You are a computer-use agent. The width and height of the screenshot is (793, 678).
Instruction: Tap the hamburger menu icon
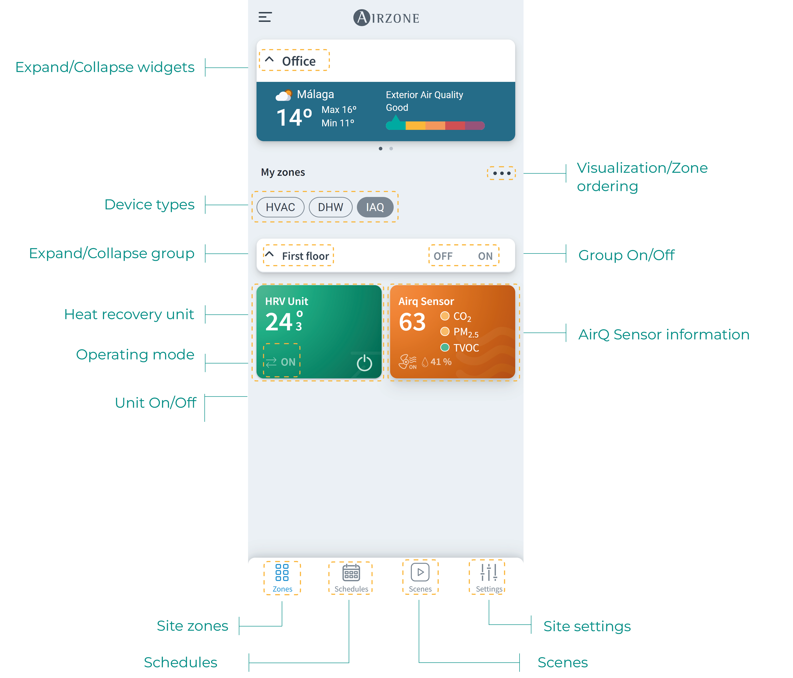265,17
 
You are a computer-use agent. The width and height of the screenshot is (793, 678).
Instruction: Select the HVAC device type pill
280,207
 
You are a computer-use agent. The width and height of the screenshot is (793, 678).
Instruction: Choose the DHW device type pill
330,207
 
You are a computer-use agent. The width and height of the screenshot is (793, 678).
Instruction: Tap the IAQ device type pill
375,207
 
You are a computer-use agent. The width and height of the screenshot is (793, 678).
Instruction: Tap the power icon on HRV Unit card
364,363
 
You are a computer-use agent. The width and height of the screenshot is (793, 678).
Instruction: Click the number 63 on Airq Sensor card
412,322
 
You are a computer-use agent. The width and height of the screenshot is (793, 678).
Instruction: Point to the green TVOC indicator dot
444,347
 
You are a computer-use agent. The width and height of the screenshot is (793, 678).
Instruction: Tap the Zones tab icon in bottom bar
282,572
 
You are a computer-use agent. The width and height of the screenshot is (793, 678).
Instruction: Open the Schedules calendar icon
351,572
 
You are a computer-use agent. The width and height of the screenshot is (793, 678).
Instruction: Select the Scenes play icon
420,572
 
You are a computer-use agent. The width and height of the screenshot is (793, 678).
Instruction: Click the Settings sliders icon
489,572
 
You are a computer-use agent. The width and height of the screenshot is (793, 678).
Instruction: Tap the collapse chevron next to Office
270,60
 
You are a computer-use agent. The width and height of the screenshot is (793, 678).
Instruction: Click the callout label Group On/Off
626,255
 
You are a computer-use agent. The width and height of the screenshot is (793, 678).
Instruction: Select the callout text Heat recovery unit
129,314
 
